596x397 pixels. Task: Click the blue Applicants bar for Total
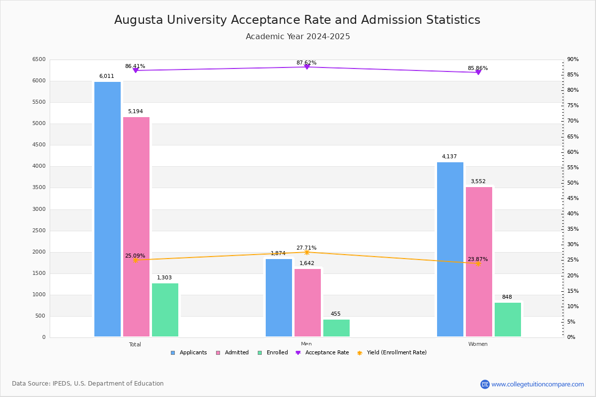[107, 209]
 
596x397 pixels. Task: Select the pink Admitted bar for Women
[479, 262]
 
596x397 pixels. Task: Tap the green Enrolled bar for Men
[336, 328]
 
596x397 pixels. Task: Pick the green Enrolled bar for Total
[165, 310]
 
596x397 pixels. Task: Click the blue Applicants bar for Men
[279, 298]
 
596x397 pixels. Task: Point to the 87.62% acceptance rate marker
[306, 66]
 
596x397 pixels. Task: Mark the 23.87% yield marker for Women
[478, 264]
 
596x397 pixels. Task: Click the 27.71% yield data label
[306, 248]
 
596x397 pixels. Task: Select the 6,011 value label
[107, 76]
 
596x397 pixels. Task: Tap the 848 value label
[507, 297]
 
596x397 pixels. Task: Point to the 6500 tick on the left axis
[39, 60]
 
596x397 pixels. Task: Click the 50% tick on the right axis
[573, 183]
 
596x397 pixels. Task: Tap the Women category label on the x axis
[478, 344]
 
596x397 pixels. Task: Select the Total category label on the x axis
[135, 344]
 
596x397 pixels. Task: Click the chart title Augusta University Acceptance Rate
[297, 20]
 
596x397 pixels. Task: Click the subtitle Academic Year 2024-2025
[298, 37]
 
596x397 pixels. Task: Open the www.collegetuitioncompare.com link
[537, 384]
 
